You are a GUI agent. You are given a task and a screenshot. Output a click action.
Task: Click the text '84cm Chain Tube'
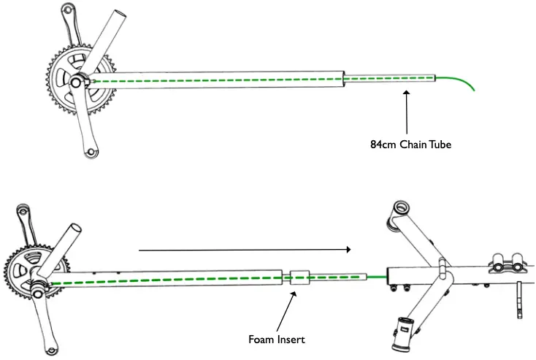(x=410, y=145)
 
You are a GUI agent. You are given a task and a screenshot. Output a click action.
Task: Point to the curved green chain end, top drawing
(x=460, y=81)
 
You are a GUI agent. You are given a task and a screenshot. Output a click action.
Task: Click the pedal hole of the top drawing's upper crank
(x=72, y=11)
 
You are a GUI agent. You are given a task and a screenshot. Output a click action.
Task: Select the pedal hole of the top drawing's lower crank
(x=90, y=152)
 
